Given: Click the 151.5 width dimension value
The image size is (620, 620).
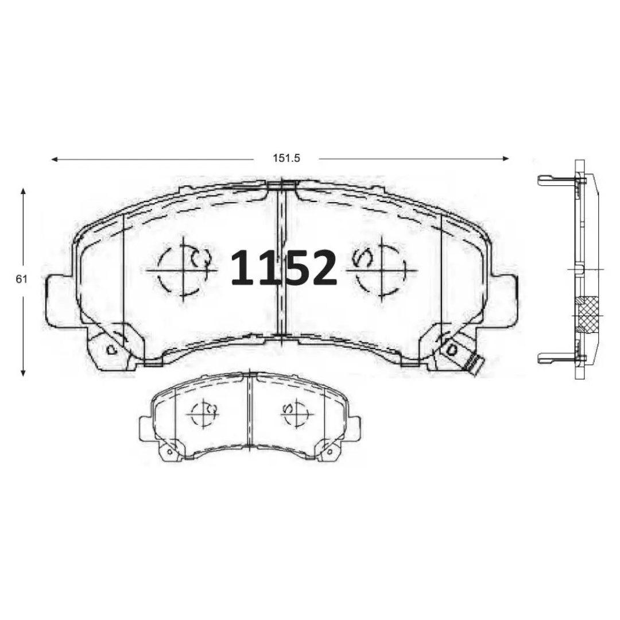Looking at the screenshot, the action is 286,158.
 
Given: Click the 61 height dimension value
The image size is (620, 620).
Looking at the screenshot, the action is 21,279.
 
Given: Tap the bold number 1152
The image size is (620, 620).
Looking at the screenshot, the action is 284,268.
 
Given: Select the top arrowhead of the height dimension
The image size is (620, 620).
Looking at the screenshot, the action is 24,192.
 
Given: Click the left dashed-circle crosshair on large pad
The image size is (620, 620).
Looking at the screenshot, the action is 183,270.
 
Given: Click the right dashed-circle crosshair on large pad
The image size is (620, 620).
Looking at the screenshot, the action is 382,270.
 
